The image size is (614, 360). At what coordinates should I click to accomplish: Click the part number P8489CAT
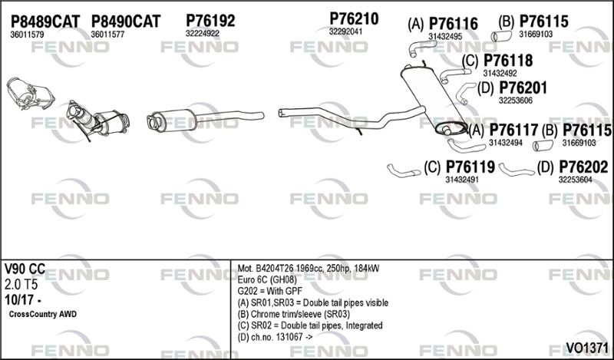[x=45, y=21]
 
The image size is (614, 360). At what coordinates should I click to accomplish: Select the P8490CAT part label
[x=126, y=21]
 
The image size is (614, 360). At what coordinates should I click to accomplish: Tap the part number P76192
[x=210, y=21]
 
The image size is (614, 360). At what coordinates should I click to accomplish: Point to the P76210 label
[x=354, y=18]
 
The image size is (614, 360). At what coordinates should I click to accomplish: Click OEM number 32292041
[x=346, y=31]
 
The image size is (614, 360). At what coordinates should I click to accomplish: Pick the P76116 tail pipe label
[x=454, y=24]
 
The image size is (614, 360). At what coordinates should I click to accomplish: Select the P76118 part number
[x=508, y=61]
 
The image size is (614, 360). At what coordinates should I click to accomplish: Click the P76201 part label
[x=523, y=88]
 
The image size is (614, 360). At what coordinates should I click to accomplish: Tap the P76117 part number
[x=513, y=130]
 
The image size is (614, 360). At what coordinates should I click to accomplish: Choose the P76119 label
[x=470, y=167]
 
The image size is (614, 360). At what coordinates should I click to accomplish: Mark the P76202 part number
[x=583, y=167]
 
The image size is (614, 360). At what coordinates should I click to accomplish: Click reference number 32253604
[x=575, y=180]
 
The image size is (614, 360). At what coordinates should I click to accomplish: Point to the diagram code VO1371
[x=587, y=348]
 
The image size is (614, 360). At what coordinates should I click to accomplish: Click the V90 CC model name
[x=25, y=269]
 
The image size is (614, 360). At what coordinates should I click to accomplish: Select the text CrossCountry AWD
[x=43, y=314]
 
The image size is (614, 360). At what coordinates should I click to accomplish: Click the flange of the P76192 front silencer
[x=152, y=121]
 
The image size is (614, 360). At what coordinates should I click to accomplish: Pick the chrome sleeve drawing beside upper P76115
[x=501, y=36]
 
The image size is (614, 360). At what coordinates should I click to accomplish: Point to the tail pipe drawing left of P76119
[x=404, y=171]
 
